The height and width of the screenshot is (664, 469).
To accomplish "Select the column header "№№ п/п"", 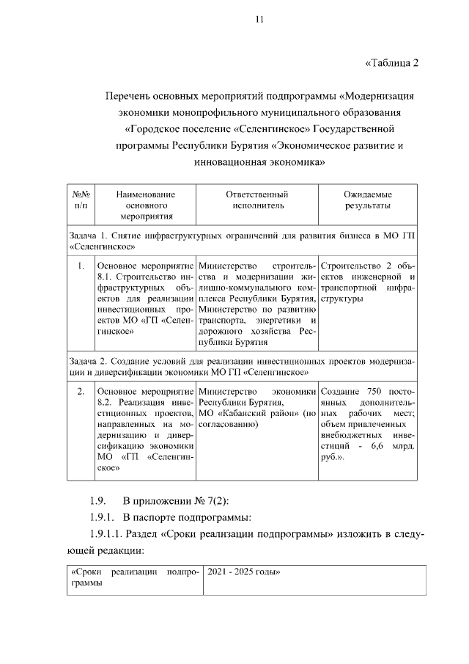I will tap(81, 200).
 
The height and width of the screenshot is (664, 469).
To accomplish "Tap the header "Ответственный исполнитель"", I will tap(256, 200).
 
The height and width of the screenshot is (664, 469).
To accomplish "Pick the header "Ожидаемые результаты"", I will tap(368, 200).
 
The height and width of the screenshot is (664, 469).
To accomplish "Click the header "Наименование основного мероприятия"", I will tap(146, 205).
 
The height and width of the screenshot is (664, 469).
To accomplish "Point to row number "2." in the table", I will tap(81, 393).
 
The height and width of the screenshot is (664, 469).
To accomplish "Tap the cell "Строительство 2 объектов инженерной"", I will tap(368, 282).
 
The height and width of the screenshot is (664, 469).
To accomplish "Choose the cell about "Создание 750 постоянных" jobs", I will tap(368, 425).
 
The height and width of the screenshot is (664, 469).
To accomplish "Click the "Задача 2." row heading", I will tap(242, 368).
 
